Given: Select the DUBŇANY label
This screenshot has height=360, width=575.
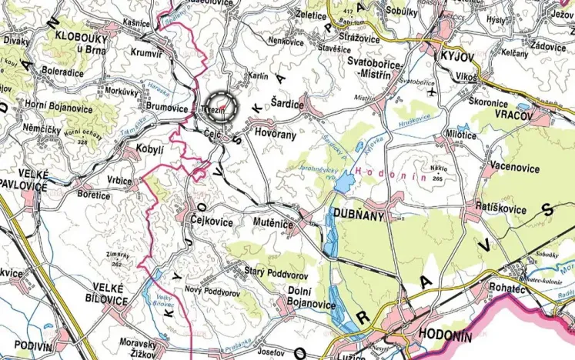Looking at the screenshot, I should click(358, 216).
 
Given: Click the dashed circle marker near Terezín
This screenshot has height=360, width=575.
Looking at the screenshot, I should click(222, 105).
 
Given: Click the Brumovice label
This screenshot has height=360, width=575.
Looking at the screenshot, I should click(167, 109).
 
